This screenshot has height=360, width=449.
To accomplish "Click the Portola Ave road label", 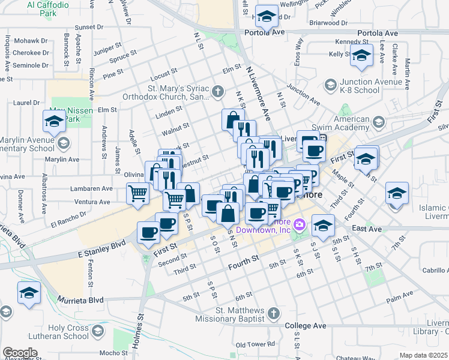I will click(x=378, y=33).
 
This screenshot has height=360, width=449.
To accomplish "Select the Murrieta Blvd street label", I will click(x=80, y=299).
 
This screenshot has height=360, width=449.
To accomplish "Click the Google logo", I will click(x=20, y=353).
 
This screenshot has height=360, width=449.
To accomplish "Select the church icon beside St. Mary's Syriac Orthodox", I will click(x=217, y=92).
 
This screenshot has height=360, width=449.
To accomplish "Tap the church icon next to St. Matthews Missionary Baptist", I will click(x=273, y=313).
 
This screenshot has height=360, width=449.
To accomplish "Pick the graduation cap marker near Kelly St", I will click(x=361, y=56).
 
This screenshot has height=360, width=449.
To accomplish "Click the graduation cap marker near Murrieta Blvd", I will click(x=28, y=293).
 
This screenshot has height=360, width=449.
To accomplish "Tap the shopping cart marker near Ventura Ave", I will click(x=137, y=194).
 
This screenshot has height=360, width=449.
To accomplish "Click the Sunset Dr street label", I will click(x=89, y=28).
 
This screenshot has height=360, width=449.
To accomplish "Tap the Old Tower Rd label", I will click(x=255, y=344).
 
